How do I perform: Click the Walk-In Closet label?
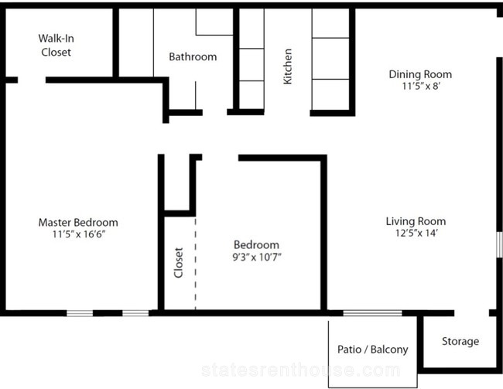click(x=56, y=45)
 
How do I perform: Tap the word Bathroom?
click(x=193, y=56)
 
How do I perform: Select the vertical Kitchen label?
click(x=288, y=67)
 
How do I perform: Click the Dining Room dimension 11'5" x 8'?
click(x=420, y=87)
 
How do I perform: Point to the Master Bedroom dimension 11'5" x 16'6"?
click(x=79, y=234)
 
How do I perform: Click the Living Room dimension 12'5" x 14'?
click(x=416, y=233)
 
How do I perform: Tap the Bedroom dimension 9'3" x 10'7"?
click(x=257, y=257)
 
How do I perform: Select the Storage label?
click(x=460, y=342)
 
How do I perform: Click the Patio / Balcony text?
click(x=373, y=350)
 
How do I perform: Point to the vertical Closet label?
click(x=178, y=262)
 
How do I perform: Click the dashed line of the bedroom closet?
click(x=195, y=264)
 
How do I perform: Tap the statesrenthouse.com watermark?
click(x=300, y=370)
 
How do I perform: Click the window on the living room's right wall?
click(x=499, y=244)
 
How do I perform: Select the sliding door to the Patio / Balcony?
click(x=372, y=313)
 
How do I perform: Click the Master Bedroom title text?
click(x=78, y=222)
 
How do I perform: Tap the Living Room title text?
click(x=416, y=221)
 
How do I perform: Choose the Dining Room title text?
click(x=420, y=74)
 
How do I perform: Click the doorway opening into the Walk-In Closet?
click(x=32, y=80)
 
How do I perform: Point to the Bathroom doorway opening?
click(x=214, y=112)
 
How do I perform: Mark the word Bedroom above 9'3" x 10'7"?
click(x=256, y=244)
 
